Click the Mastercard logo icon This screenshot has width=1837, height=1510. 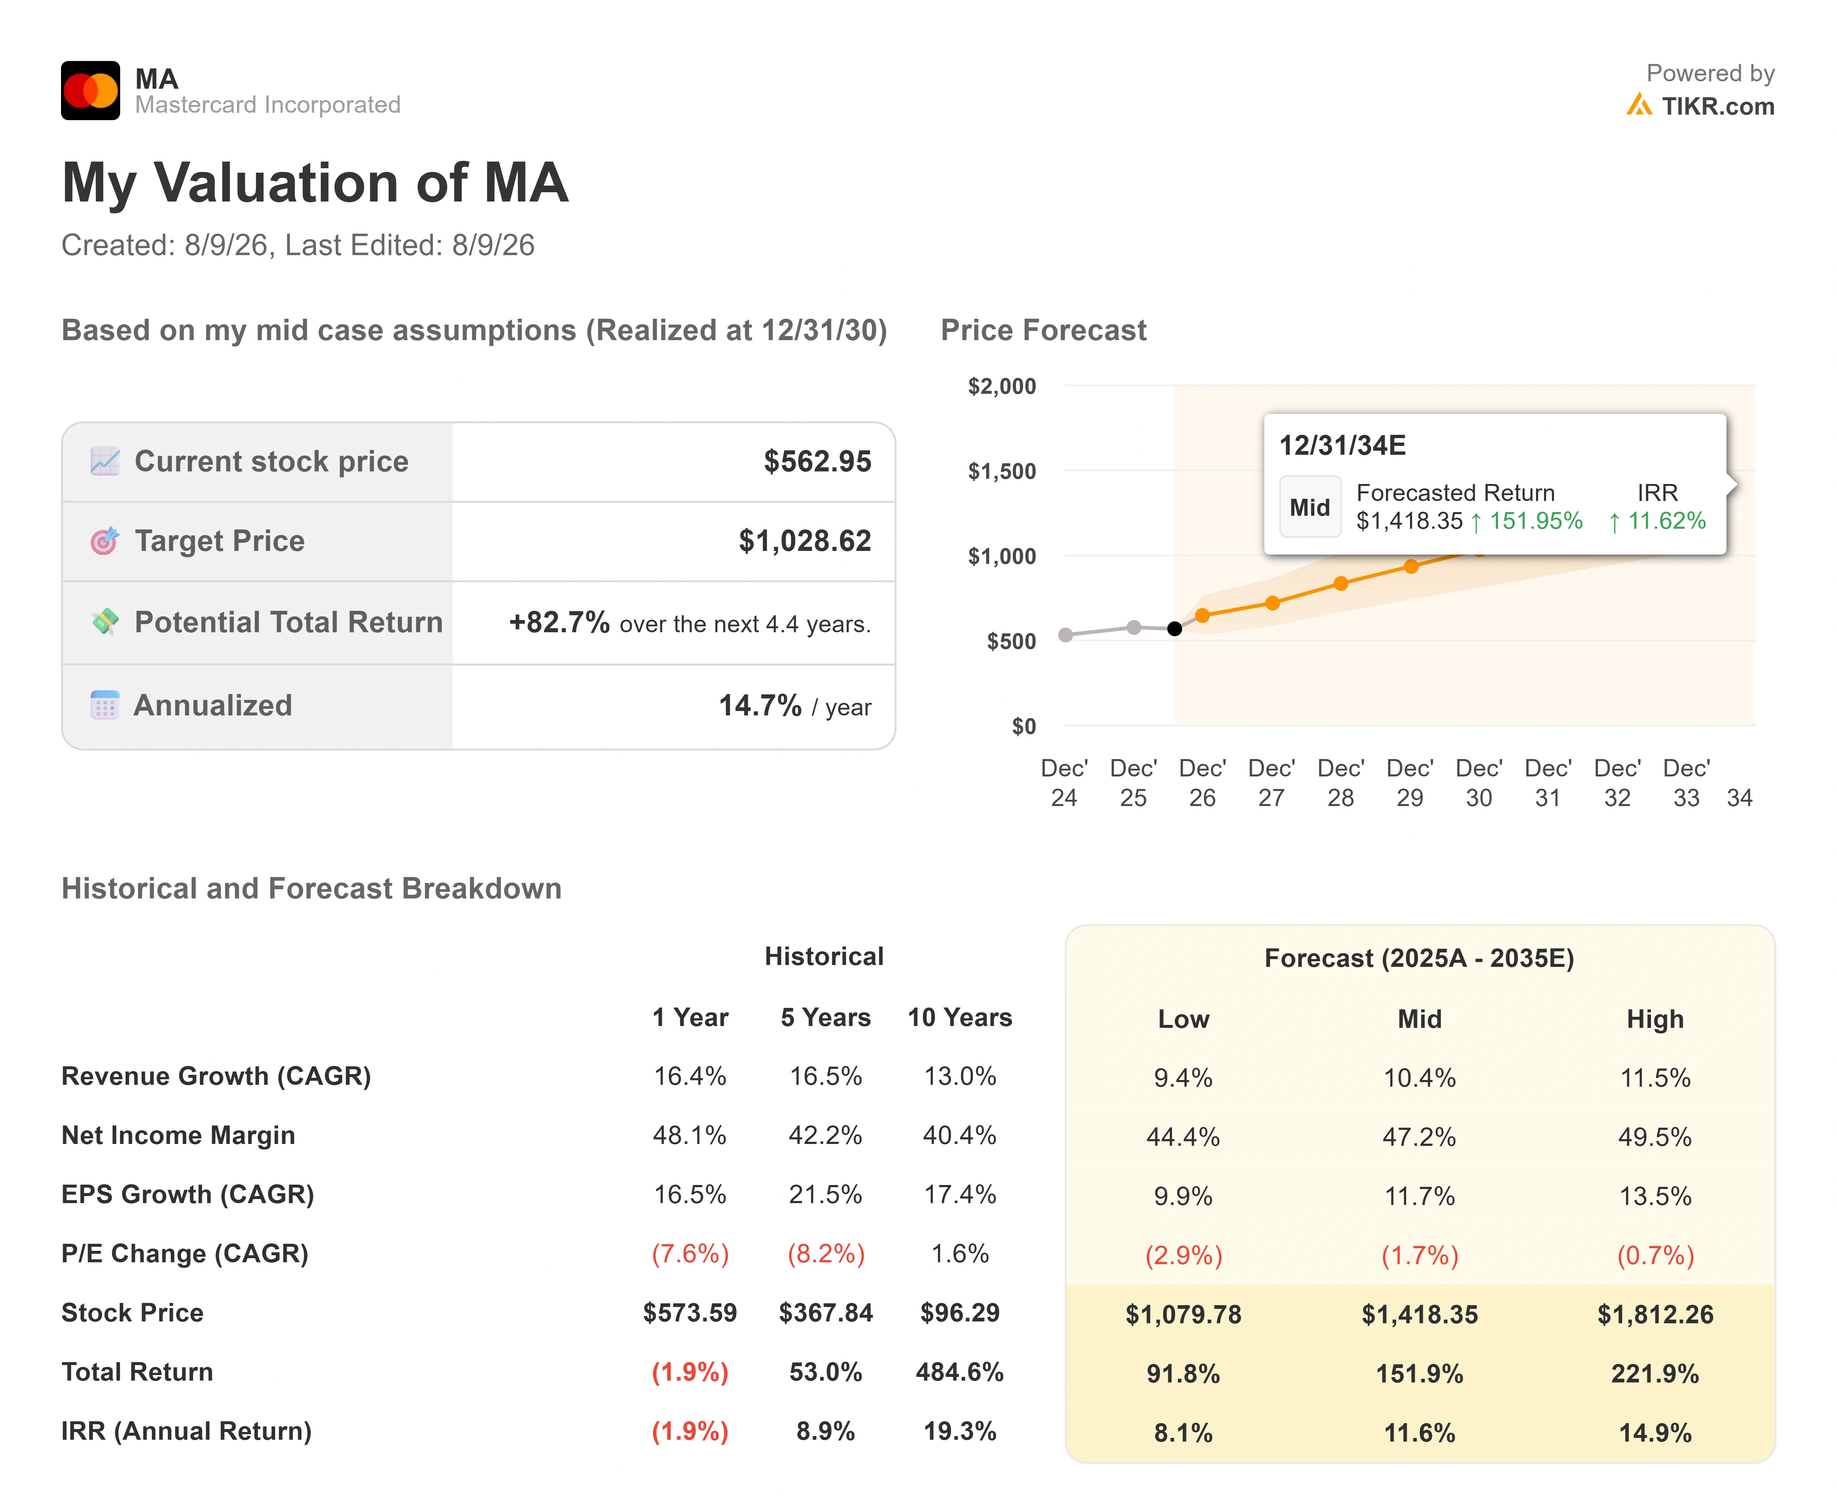[91, 91]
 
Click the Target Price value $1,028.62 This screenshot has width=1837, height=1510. [805, 541]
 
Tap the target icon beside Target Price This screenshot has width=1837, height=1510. [104, 541]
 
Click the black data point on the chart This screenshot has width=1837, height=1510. [1174, 629]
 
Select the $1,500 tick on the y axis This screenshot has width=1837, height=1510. [1002, 471]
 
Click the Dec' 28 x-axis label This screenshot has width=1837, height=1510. [1340, 783]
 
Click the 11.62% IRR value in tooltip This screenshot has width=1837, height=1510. [1667, 521]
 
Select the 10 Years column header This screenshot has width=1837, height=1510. [960, 1018]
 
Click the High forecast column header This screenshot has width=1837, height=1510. [1655, 1019]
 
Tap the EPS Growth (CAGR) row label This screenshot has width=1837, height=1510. [188, 1194]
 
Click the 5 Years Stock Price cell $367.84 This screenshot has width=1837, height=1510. [825, 1313]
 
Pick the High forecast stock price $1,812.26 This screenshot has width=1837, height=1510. [1655, 1314]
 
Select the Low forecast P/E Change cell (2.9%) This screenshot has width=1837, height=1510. [1184, 1255]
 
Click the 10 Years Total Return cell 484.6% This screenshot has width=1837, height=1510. [960, 1372]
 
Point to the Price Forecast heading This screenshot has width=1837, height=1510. [1044, 331]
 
